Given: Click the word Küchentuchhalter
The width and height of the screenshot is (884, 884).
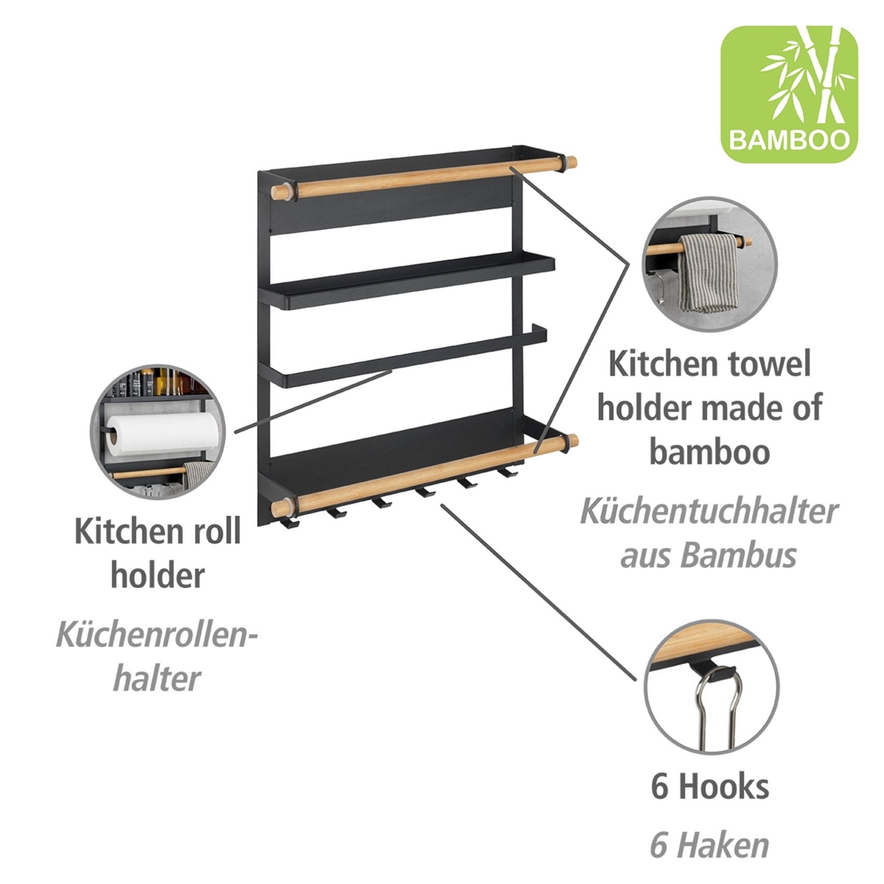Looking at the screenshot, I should coord(709,511).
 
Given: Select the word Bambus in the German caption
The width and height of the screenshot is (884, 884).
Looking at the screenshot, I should coord(739,555).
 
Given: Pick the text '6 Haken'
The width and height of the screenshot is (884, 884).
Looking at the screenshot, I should coord(709,845).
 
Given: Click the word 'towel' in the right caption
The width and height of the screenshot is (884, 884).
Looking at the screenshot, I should coord(770,364).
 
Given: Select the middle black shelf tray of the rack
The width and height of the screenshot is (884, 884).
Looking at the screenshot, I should coord(394,283).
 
